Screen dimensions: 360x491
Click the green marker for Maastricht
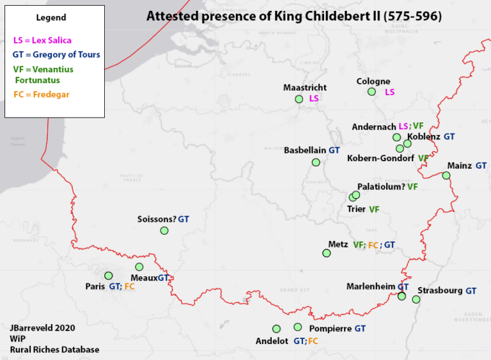[x=299, y=99]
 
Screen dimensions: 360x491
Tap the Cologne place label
[x=373, y=81]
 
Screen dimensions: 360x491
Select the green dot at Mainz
[x=446, y=176]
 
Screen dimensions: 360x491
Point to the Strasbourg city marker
[x=416, y=299]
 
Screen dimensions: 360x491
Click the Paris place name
[x=95, y=286]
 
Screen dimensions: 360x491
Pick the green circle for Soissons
[x=164, y=231]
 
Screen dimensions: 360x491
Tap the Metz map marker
[x=327, y=254]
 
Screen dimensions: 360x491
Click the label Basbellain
[x=305, y=150]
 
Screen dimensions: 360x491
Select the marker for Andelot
[x=276, y=329]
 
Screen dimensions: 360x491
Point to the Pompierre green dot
[x=297, y=327]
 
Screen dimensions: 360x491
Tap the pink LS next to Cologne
[x=389, y=92]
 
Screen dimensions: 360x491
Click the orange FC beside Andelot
[x=313, y=341]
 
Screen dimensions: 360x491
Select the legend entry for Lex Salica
[x=42, y=40]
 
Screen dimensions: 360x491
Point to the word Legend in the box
[x=51, y=18]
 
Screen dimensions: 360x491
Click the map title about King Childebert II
[x=293, y=16]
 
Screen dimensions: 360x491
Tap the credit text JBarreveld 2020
[x=42, y=327]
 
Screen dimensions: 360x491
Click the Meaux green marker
[x=139, y=267]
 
